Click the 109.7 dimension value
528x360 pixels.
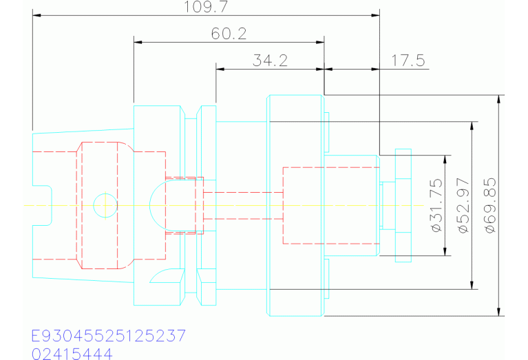click(x=206, y=8)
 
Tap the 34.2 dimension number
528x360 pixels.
click(x=269, y=61)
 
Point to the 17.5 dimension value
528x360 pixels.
click(x=408, y=61)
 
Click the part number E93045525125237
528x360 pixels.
click(x=108, y=337)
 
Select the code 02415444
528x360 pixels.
click(x=72, y=354)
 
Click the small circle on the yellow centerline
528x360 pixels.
click(x=105, y=205)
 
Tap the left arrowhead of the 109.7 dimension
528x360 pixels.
click(x=36, y=14)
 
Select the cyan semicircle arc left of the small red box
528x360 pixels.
click(x=156, y=205)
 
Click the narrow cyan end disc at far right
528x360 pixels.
click(x=403, y=205)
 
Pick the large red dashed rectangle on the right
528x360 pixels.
click(x=330, y=205)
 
